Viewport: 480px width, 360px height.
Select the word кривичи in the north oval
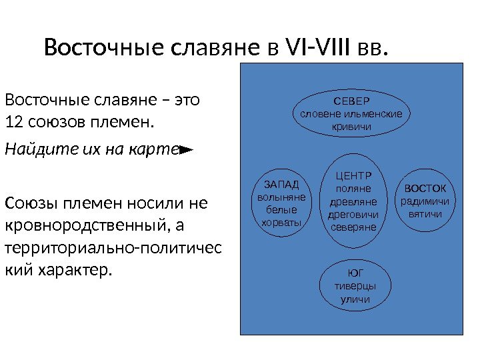click(x=351, y=126)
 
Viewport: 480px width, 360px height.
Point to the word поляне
click(x=353, y=189)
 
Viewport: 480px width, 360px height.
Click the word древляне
click(x=353, y=201)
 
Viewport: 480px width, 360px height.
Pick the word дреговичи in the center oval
click(x=353, y=215)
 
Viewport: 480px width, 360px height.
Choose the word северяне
click(x=353, y=227)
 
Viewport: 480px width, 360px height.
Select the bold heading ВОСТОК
click(x=425, y=188)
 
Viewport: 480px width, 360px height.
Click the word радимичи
click(x=425, y=201)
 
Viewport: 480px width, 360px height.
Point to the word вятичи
click(x=425, y=214)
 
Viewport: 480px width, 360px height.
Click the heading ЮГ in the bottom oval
click(x=355, y=273)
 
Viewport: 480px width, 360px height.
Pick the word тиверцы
click(x=355, y=286)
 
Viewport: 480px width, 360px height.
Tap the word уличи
click(x=355, y=299)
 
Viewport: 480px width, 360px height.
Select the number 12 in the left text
click(x=13, y=123)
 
